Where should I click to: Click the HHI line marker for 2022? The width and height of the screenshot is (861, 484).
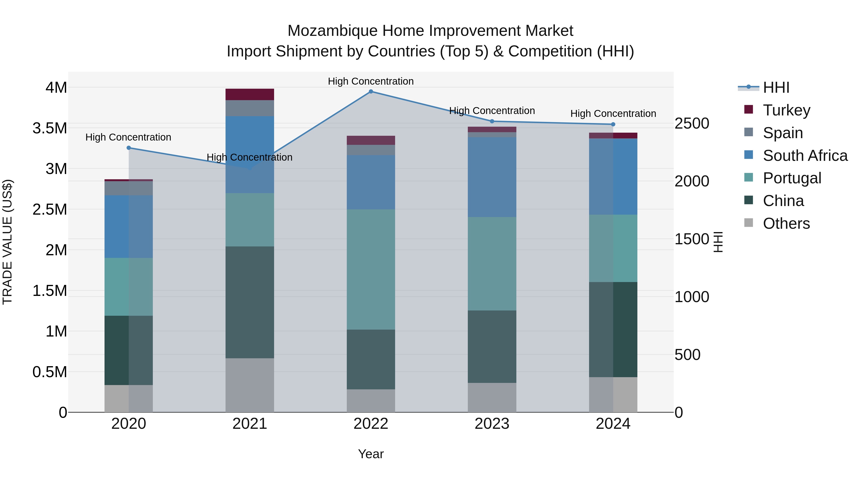click(371, 92)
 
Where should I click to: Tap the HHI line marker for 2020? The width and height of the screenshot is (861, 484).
click(129, 148)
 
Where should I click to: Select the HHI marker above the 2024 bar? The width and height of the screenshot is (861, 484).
click(613, 124)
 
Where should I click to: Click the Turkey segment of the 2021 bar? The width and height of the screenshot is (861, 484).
click(250, 94)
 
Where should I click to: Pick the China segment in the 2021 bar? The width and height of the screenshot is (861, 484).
click(250, 302)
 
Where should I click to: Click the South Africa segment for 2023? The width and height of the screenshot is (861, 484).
click(492, 177)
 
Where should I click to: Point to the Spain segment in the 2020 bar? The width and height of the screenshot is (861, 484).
click(129, 188)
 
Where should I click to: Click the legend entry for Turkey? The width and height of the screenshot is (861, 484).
click(786, 110)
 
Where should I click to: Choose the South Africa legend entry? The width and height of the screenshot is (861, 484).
click(805, 155)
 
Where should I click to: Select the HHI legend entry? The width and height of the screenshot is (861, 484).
click(776, 87)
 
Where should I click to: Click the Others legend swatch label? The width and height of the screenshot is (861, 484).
click(786, 223)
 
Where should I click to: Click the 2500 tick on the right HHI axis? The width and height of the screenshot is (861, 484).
click(691, 123)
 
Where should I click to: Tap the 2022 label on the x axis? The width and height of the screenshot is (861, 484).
click(371, 424)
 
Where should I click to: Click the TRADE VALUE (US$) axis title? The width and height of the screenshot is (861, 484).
click(7, 242)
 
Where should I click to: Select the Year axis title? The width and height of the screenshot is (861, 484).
click(371, 454)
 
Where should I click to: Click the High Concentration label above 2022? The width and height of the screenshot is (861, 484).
click(371, 81)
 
